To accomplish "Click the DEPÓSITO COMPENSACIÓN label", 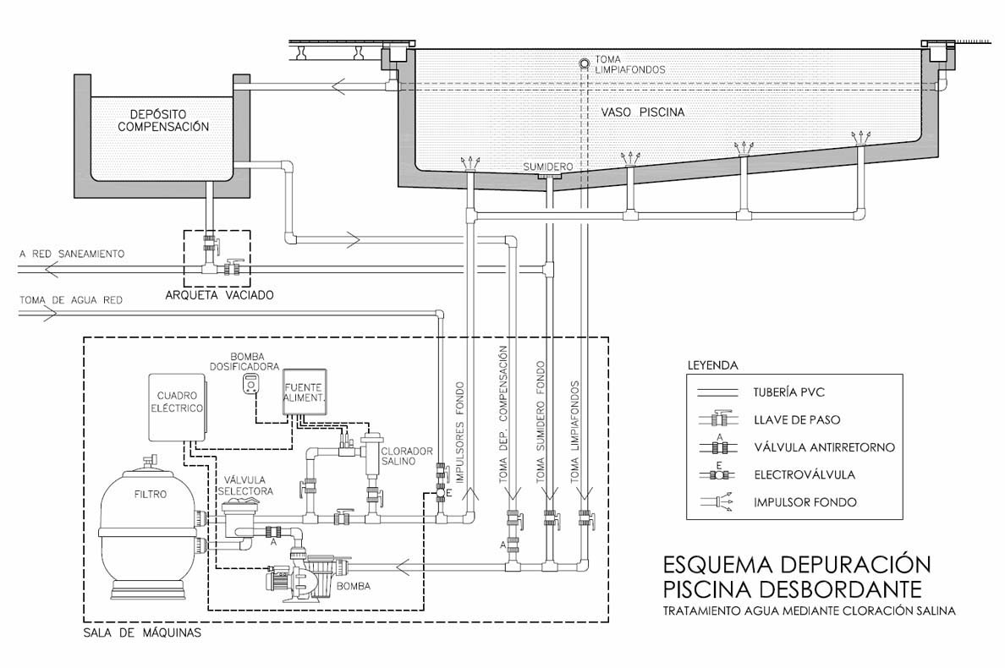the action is coord(163,120).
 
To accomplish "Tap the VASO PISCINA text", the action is coord(643,112).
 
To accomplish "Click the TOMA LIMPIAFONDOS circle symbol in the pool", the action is coord(585,64).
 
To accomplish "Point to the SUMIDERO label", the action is coord(548,167).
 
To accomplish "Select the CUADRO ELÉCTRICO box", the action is coord(178,408).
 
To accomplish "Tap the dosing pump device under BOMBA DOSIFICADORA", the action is coord(251,384).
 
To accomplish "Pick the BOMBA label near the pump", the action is coord(354,585).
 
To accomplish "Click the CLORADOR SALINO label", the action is coord(407,456).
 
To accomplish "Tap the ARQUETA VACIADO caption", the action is coord(219,295).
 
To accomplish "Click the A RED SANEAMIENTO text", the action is coord(72,254).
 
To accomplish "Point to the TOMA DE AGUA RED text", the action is coord(71,299).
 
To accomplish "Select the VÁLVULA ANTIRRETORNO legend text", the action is coord(824,447).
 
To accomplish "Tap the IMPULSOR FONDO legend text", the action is coord(805,502).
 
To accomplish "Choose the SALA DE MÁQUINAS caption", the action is coord(142,632).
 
